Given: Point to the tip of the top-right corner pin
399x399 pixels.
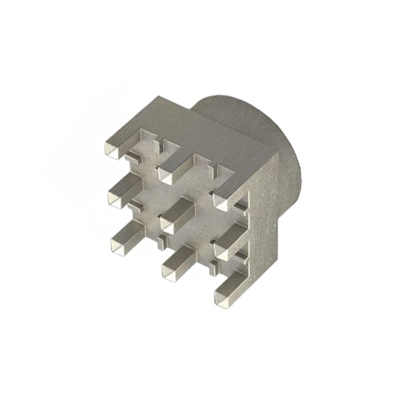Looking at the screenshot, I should (x=221, y=201).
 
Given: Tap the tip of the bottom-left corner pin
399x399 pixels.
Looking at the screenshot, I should (x=119, y=246).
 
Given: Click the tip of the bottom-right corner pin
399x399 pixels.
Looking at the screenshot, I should (x=221, y=298).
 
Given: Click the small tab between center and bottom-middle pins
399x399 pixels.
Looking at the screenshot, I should (x=161, y=243).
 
